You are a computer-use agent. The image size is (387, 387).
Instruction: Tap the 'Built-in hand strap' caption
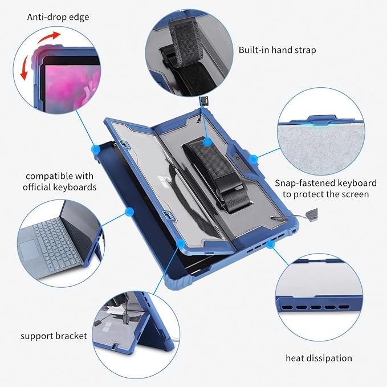click(x=278, y=50)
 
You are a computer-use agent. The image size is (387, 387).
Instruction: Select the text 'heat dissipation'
click(x=319, y=358)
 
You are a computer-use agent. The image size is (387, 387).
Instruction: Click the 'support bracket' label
click(x=54, y=336)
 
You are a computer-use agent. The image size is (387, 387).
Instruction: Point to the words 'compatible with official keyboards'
click(x=59, y=181)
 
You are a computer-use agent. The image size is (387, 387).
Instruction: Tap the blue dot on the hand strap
click(x=207, y=141)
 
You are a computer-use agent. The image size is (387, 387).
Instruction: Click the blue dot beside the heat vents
click(x=271, y=244)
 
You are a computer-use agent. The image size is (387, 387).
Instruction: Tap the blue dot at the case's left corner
click(x=96, y=149)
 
